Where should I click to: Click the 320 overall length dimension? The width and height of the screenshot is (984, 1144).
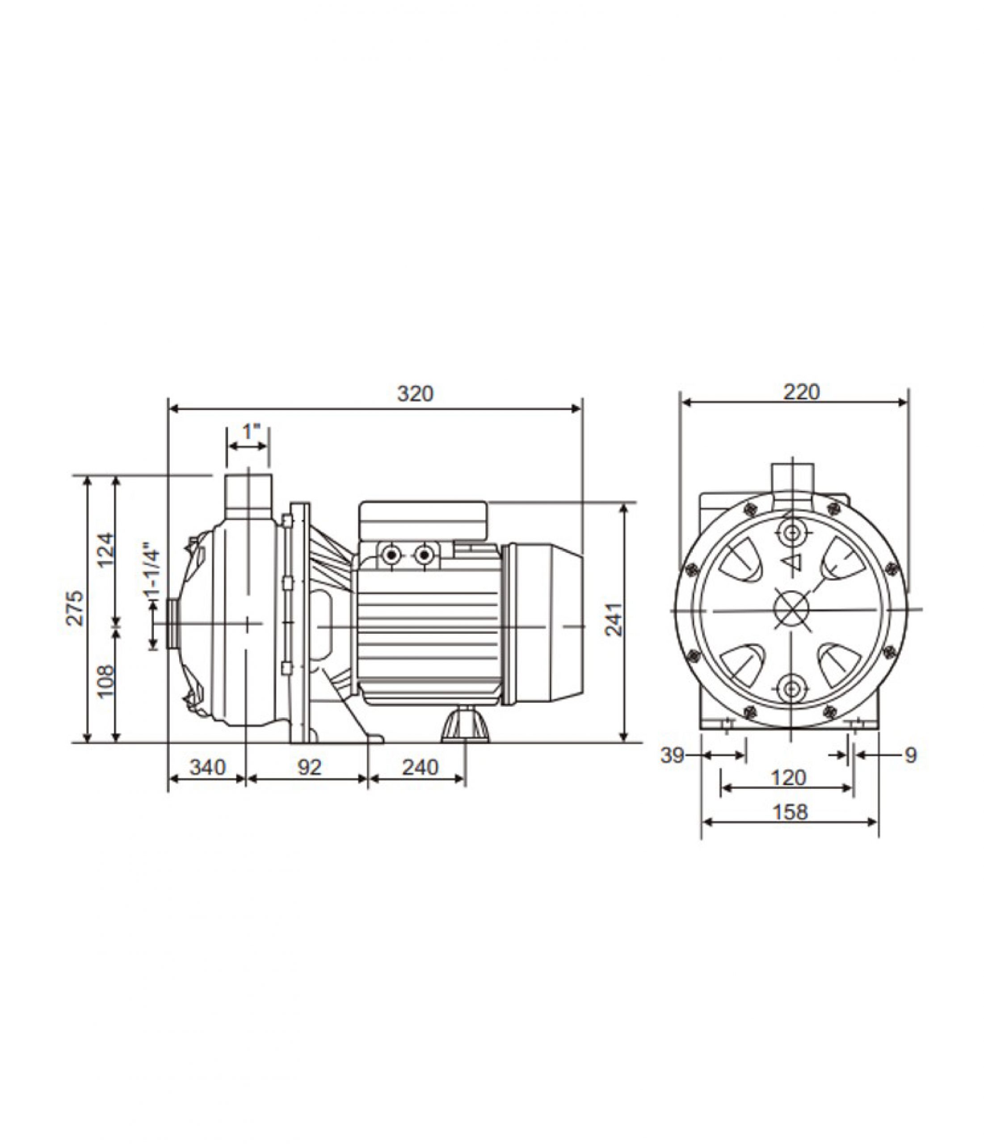[415, 394]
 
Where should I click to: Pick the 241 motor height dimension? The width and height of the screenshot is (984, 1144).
[614, 619]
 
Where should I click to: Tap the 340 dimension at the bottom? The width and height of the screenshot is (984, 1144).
[208, 767]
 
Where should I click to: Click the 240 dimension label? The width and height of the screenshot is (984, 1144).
[420, 767]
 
